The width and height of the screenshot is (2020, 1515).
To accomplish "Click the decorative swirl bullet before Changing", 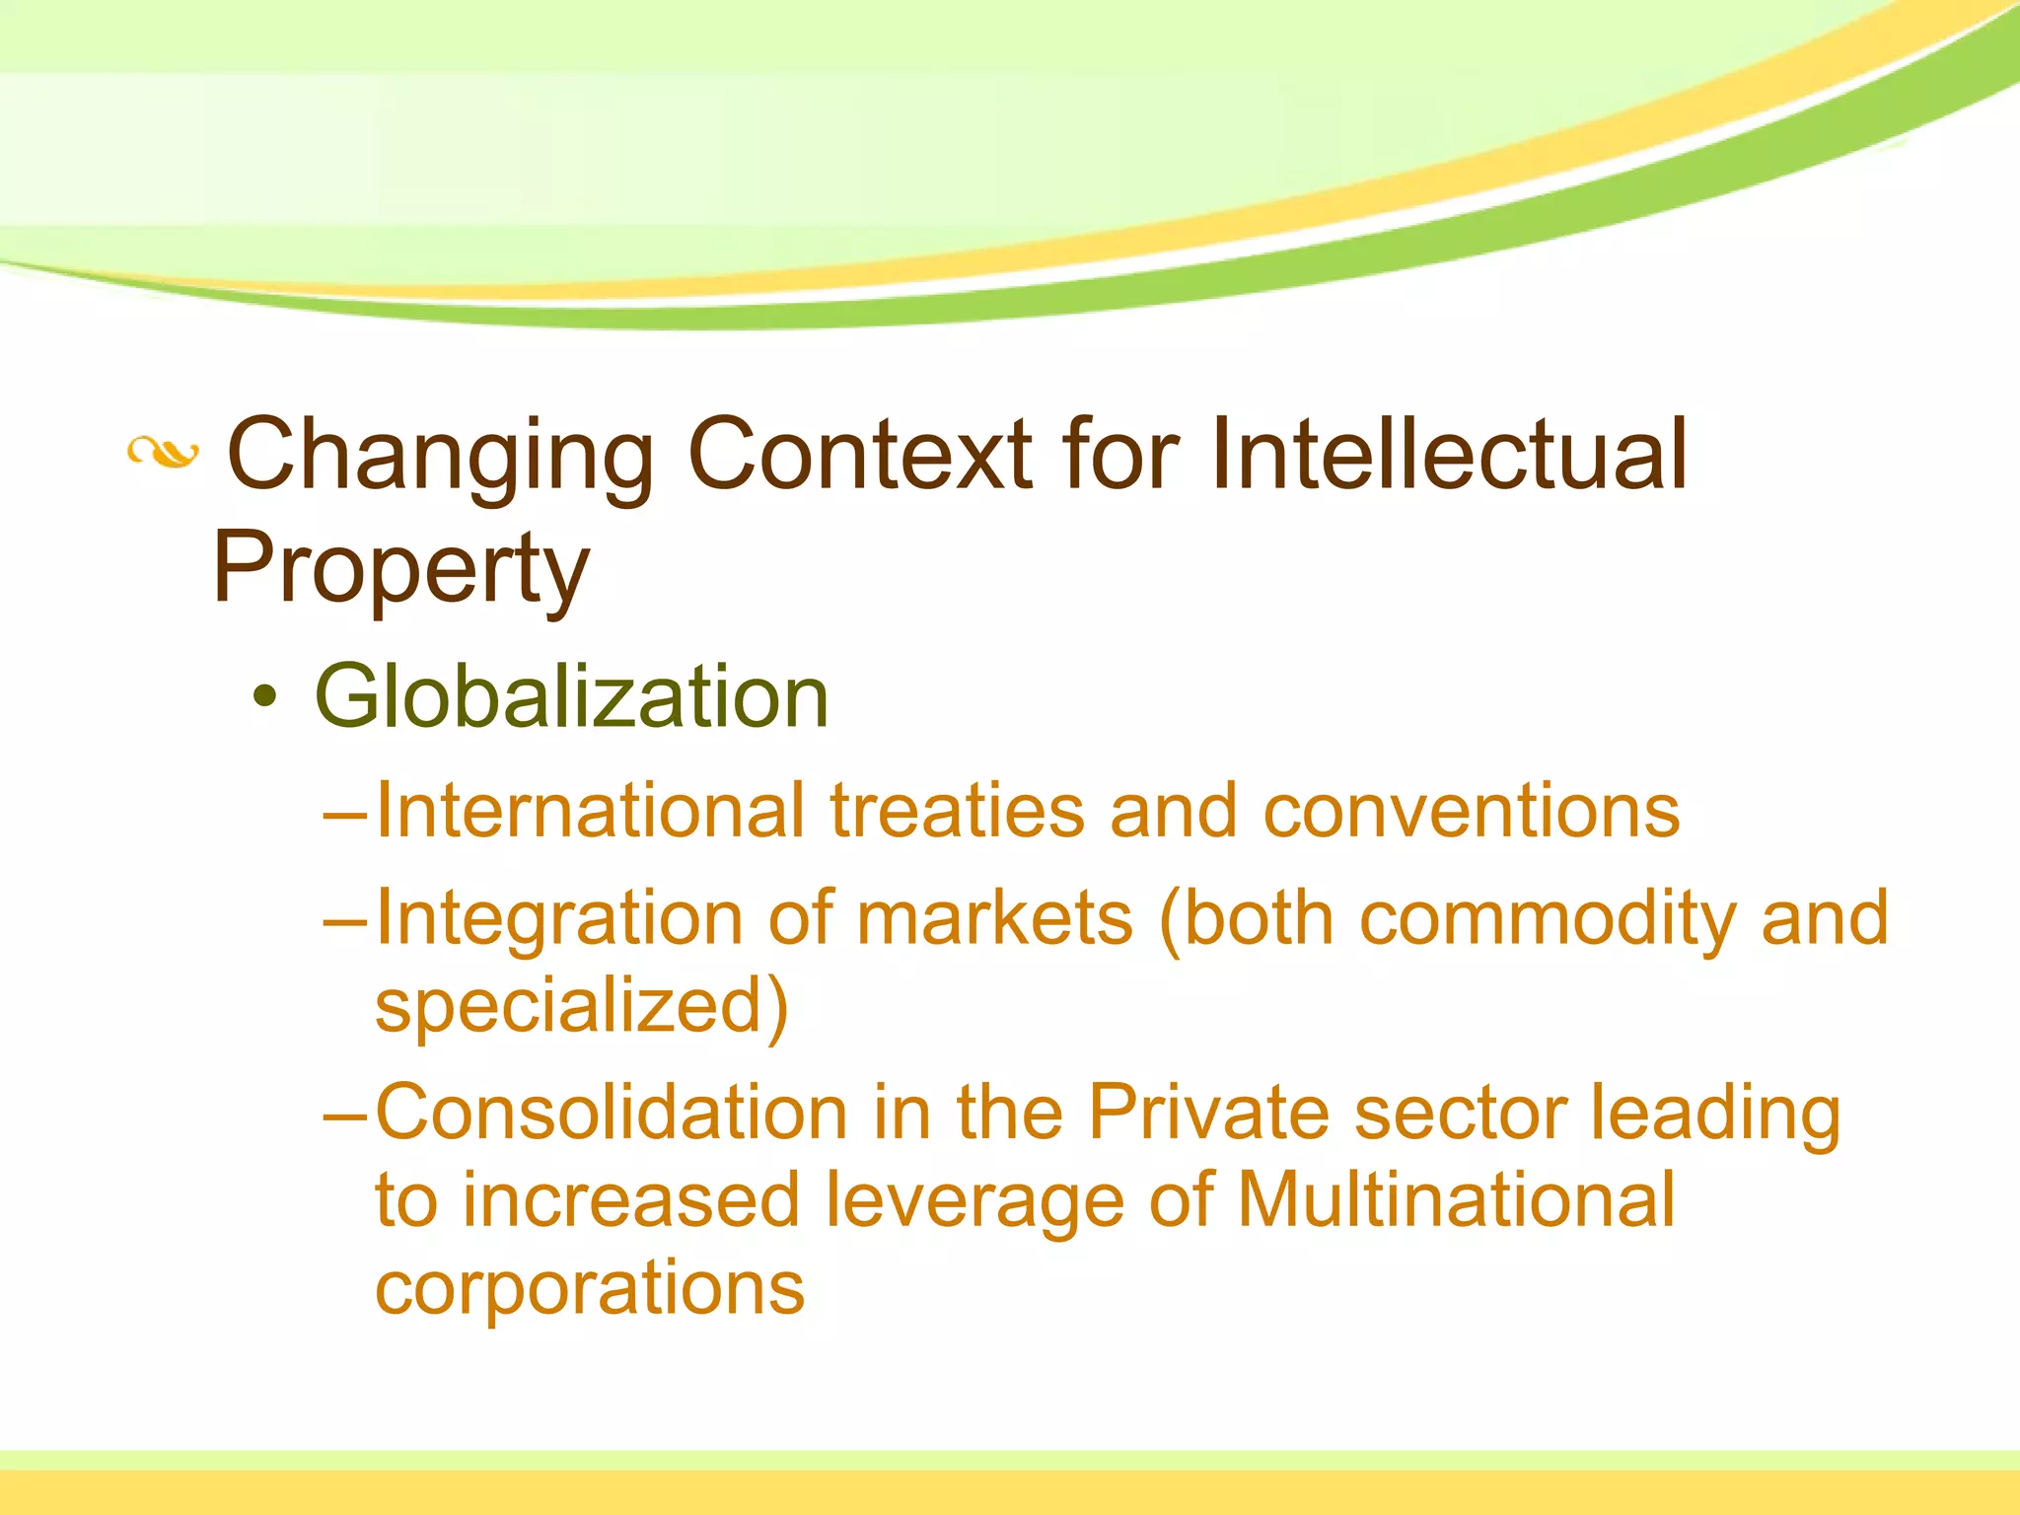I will coord(163,454).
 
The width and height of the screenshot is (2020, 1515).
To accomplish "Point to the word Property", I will coord(400,568).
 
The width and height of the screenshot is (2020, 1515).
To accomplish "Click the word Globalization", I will coord(571,696).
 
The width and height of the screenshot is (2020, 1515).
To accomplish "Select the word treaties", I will coord(957,811).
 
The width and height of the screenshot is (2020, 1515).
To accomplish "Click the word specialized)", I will coord(582,1006).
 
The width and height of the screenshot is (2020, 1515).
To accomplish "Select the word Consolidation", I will coord(611,1113).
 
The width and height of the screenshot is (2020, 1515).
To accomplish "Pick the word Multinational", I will coord(1456,1199).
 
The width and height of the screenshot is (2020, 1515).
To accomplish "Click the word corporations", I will coord(590,1288).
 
